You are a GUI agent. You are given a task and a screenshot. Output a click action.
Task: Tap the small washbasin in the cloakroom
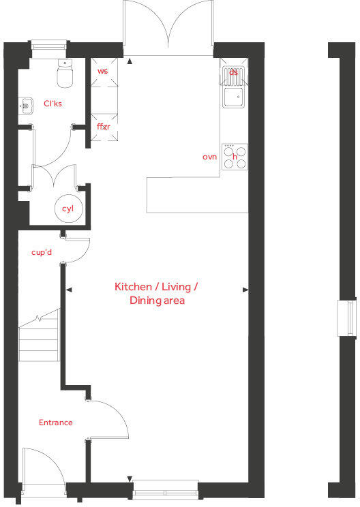tap(26, 106)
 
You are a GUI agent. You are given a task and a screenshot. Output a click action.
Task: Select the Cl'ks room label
tap(53, 104)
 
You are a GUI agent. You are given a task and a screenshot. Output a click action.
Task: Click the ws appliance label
tap(103, 71)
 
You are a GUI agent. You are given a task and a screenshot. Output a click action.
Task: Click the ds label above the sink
tap(234, 71)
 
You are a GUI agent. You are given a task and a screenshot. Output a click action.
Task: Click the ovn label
tap(209, 157)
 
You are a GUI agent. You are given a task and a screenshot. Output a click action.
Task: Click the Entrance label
tap(55, 422)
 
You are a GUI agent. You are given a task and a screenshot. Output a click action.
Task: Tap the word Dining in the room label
tap(141, 300)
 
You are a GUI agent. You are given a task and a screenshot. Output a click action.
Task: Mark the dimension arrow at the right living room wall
tap(245, 290)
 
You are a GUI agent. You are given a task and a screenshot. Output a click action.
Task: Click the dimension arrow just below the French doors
tap(130, 60)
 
